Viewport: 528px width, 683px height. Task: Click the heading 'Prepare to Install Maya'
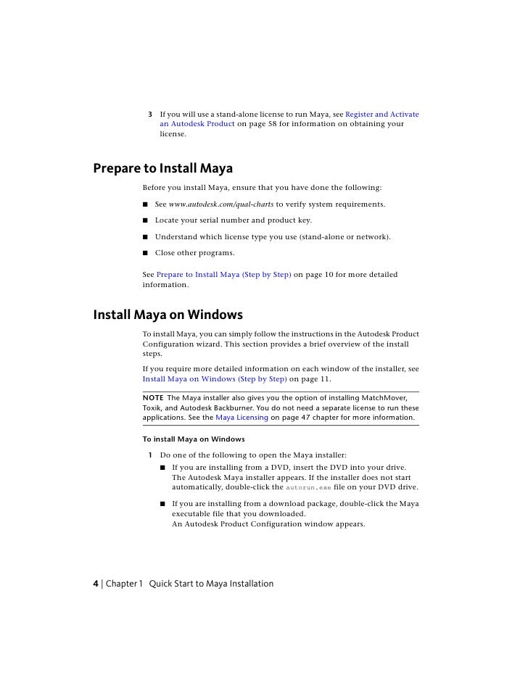click(x=162, y=169)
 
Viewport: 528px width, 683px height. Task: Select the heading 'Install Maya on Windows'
click(x=168, y=315)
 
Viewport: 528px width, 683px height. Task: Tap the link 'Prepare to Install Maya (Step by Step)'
click(x=224, y=276)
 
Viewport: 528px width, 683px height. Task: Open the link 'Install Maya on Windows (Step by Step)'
click(x=215, y=378)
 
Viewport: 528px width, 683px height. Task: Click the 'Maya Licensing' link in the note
click(x=242, y=418)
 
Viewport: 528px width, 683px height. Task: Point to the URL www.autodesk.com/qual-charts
click(x=221, y=204)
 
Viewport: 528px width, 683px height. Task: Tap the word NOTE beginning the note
click(x=152, y=398)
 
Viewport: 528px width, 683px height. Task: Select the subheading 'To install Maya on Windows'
click(x=193, y=439)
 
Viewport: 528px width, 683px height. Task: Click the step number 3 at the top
click(x=150, y=115)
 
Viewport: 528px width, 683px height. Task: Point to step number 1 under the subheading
click(x=150, y=455)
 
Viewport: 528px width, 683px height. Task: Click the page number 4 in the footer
click(x=96, y=584)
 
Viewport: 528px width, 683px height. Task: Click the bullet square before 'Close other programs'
click(x=146, y=254)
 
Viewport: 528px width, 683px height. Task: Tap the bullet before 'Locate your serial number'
click(x=146, y=220)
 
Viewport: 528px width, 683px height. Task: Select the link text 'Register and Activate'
click(x=382, y=115)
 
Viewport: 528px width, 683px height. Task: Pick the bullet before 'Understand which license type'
click(x=146, y=237)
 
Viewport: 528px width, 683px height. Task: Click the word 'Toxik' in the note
click(x=153, y=408)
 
